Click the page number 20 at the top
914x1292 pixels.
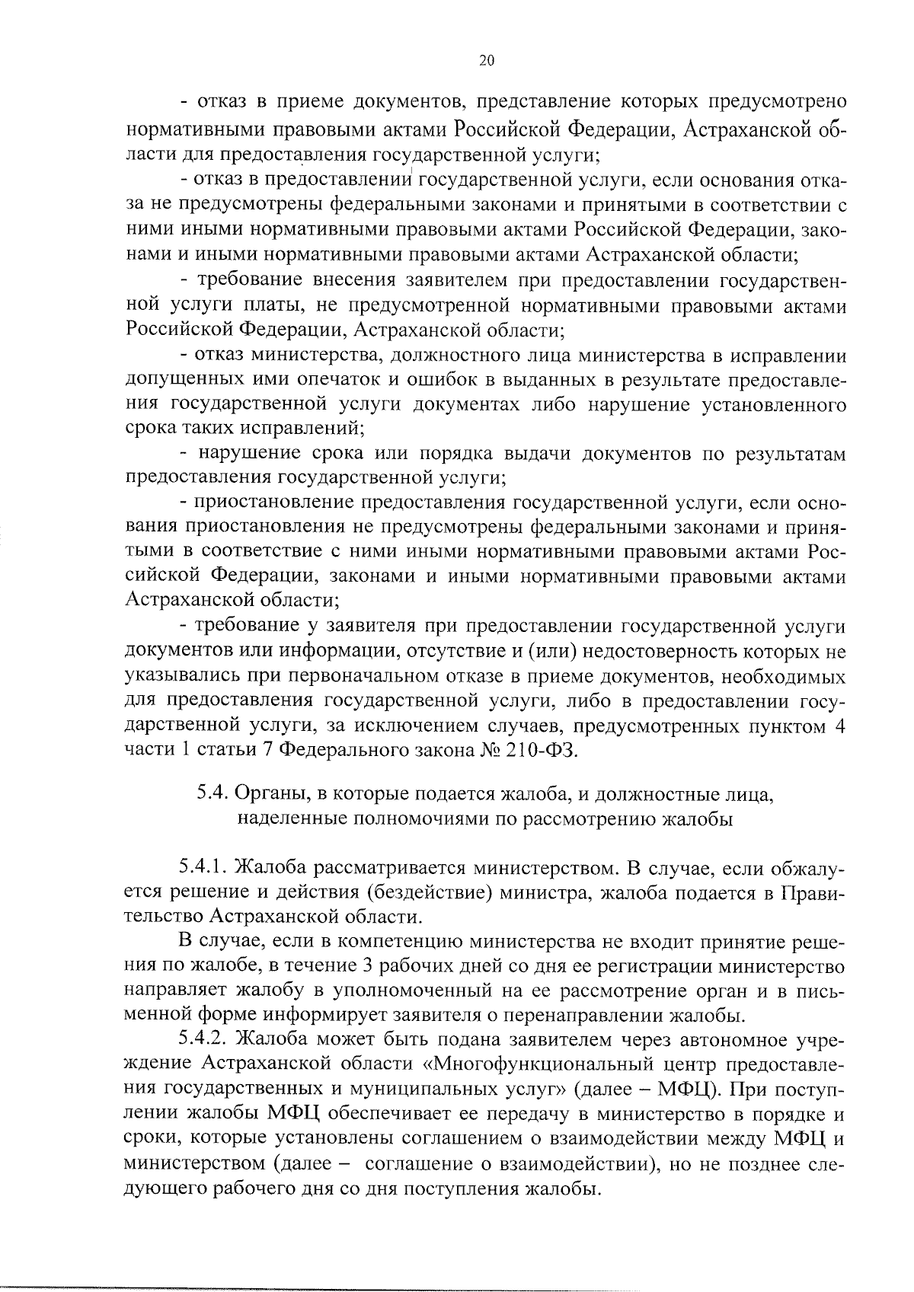487,62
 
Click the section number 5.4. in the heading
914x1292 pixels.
213,795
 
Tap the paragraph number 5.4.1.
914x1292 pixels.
204,867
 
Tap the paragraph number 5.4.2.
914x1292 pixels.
204,1039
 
